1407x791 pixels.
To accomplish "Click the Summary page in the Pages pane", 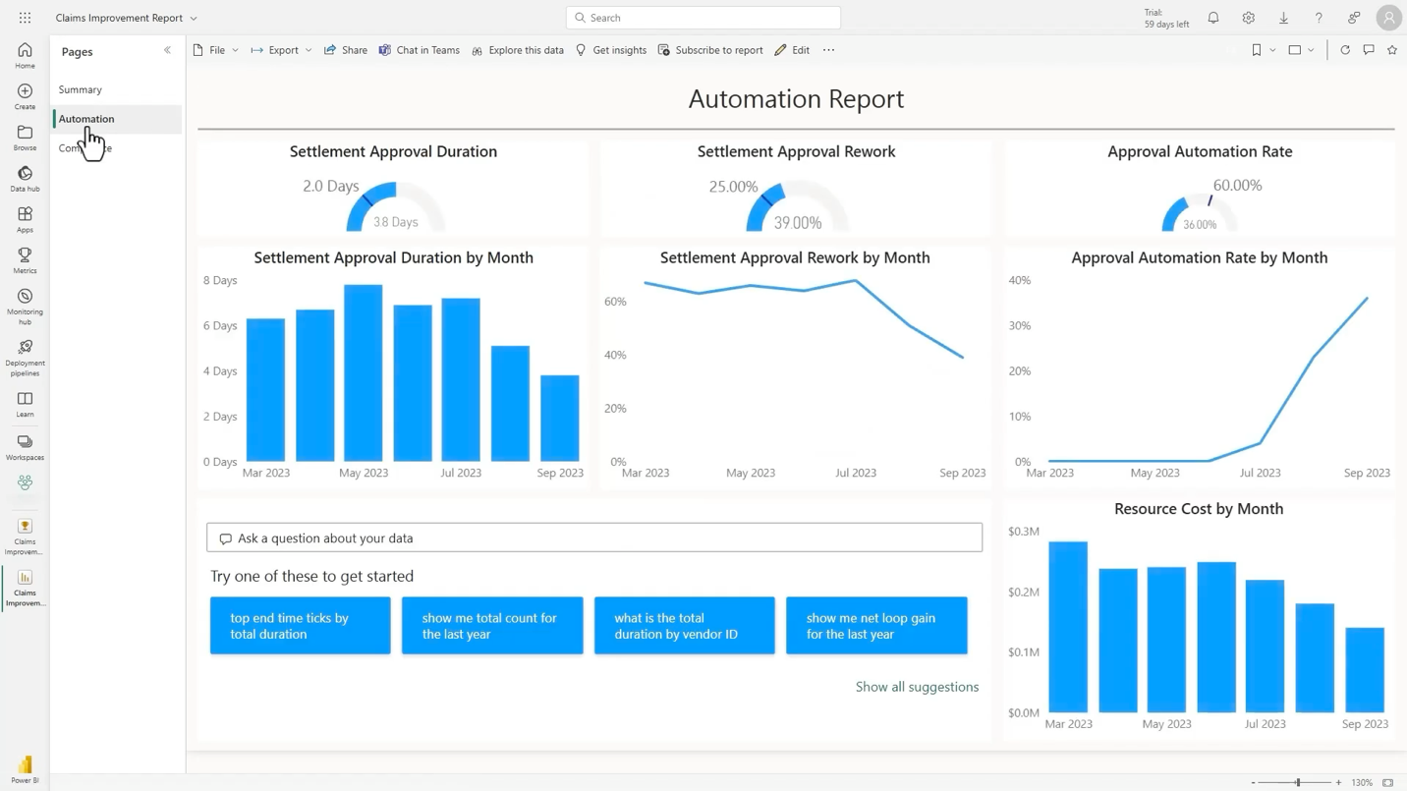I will click(x=80, y=89).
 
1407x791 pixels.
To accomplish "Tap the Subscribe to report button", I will click(x=710, y=50).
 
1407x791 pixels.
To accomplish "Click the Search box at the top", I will click(x=703, y=18).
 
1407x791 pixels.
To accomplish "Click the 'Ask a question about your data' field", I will click(x=594, y=537).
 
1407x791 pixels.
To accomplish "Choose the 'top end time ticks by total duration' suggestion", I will click(x=300, y=626).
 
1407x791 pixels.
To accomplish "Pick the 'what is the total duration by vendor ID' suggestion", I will click(x=684, y=626).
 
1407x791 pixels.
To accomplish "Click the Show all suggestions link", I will click(x=917, y=687).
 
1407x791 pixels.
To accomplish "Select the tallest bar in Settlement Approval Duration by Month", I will click(x=363, y=373).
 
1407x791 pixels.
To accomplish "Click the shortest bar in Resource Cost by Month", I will click(x=1364, y=670).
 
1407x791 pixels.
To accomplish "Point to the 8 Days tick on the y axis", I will click(x=220, y=280).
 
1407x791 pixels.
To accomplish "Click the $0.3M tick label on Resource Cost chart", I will click(x=1023, y=532).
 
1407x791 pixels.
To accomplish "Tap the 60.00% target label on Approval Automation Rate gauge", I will click(x=1237, y=186).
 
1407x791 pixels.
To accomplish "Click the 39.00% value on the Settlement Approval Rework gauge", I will click(x=797, y=223).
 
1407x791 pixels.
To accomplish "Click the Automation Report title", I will click(x=796, y=98).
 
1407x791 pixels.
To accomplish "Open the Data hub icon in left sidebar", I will click(x=25, y=178).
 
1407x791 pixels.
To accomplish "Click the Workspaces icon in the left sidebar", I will click(x=25, y=447).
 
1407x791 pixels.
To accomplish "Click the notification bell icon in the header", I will click(x=1213, y=18).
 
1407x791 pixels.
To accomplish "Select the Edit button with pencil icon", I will click(x=792, y=50).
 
